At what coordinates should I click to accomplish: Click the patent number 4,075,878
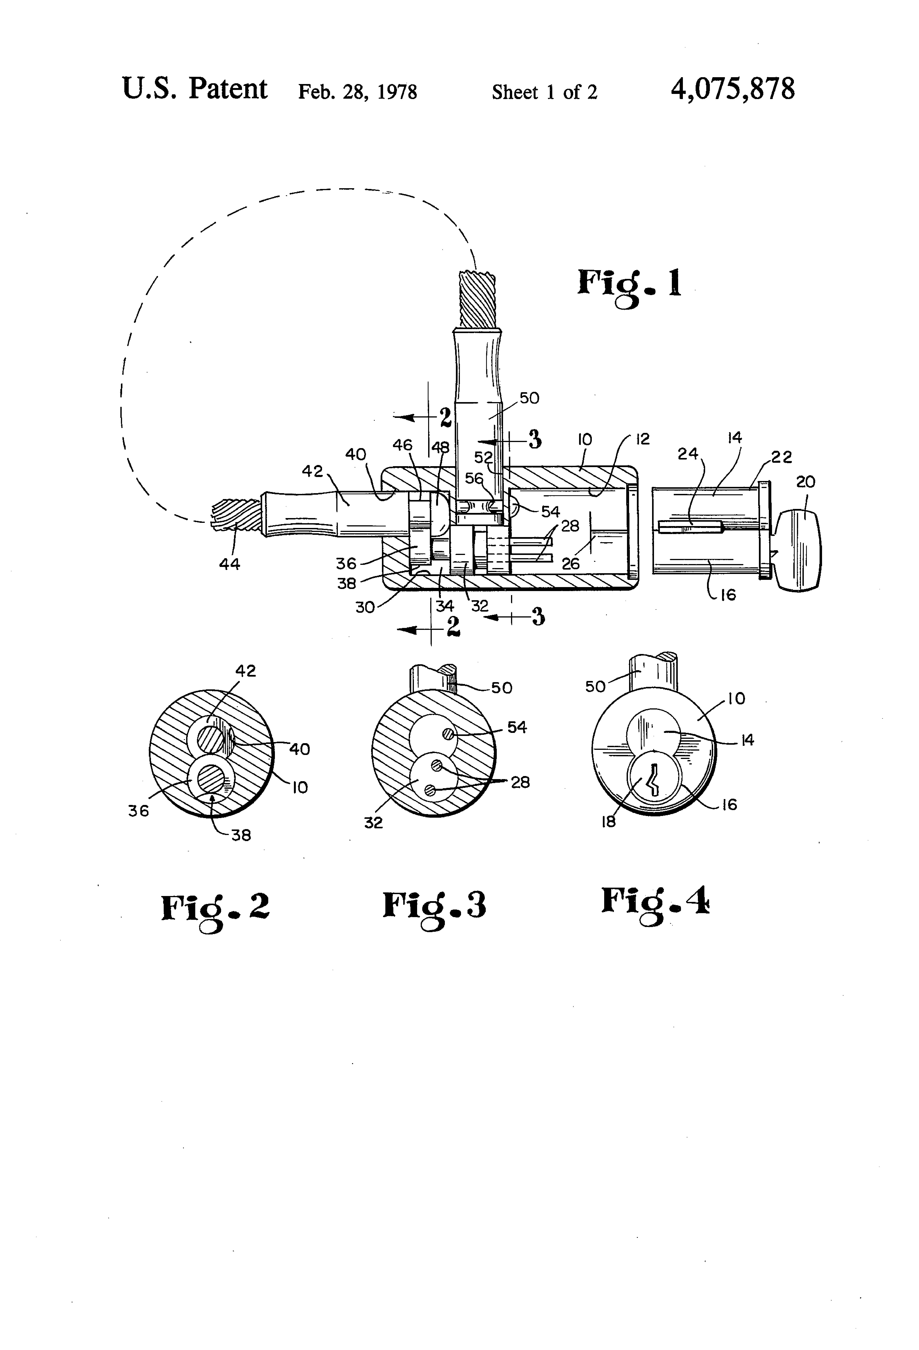tap(733, 90)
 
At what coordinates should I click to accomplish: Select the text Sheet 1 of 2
tap(544, 92)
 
